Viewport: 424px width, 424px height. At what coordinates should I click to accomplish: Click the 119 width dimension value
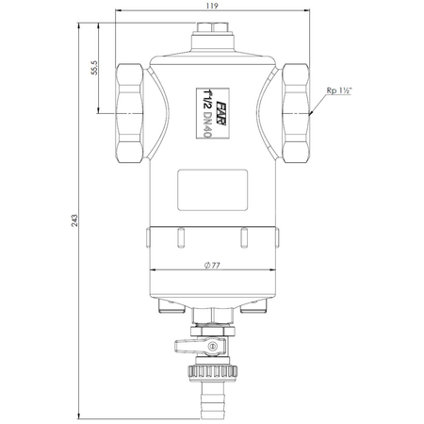(x=212, y=6)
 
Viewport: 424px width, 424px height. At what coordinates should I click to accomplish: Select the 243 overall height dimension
(x=73, y=220)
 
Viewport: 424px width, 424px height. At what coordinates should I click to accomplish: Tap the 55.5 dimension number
(x=94, y=68)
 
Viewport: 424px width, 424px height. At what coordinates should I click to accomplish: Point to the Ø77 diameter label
(x=212, y=266)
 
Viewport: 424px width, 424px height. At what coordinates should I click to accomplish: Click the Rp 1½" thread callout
(x=339, y=90)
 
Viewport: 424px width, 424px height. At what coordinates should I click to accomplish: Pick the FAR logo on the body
(x=221, y=113)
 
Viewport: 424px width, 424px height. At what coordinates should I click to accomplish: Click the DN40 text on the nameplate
(x=207, y=125)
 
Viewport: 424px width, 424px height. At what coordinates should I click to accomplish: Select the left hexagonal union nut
(x=129, y=113)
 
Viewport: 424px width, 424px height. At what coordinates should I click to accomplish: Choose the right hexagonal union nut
(x=296, y=113)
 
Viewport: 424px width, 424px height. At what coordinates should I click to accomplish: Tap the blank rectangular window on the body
(x=213, y=190)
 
